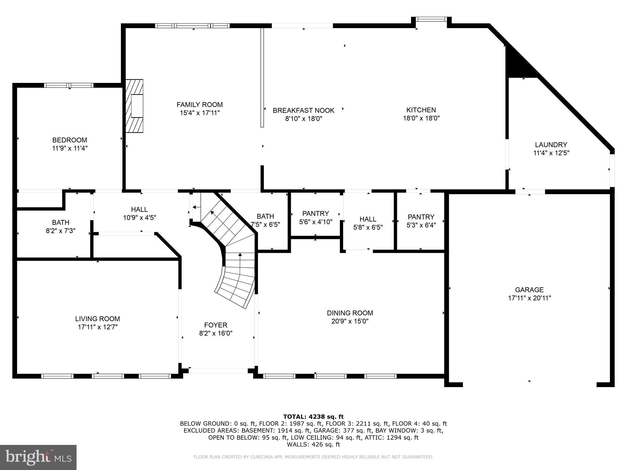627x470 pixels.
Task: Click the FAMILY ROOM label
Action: pyautogui.click(x=200, y=105)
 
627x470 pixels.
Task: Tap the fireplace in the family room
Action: pyautogui.click(x=134, y=106)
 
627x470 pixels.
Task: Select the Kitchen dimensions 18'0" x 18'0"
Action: pyautogui.click(x=421, y=118)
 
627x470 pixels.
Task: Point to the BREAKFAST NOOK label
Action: pyautogui.click(x=304, y=110)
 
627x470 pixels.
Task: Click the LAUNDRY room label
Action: pyautogui.click(x=551, y=145)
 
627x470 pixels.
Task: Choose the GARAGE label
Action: pyautogui.click(x=529, y=290)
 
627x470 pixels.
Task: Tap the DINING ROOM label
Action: pyautogui.click(x=350, y=313)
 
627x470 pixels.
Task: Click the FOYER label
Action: pyautogui.click(x=216, y=325)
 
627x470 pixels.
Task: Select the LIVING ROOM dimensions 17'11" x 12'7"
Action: pyautogui.click(x=98, y=327)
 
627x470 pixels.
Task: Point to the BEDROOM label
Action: pyautogui.click(x=70, y=140)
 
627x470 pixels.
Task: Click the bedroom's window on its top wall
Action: pyautogui.click(x=69, y=85)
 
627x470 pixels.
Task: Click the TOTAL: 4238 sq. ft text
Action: pyautogui.click(x=313, y=417)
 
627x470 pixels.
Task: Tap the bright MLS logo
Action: pyautogui.click(x=38, y=457)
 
